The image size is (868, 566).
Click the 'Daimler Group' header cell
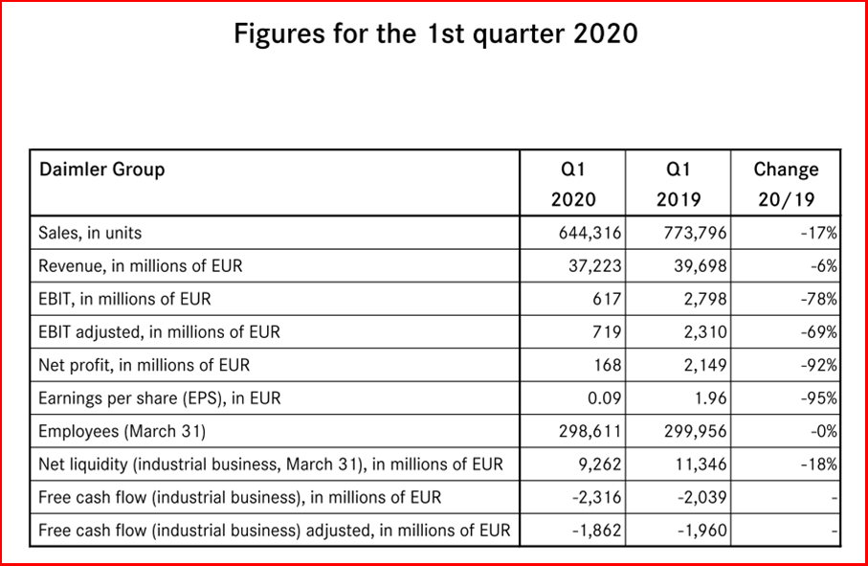(x=102, y=170)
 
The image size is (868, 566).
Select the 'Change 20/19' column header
(x=786, y=184)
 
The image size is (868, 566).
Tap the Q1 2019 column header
(x=678, y=184)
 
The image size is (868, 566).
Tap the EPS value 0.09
(x=603, y=398)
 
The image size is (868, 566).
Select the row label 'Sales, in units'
(x=91, y=233)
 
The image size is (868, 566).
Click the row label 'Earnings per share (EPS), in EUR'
(x=161, y=398)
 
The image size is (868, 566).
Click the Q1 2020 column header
(x=572, y=184)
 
